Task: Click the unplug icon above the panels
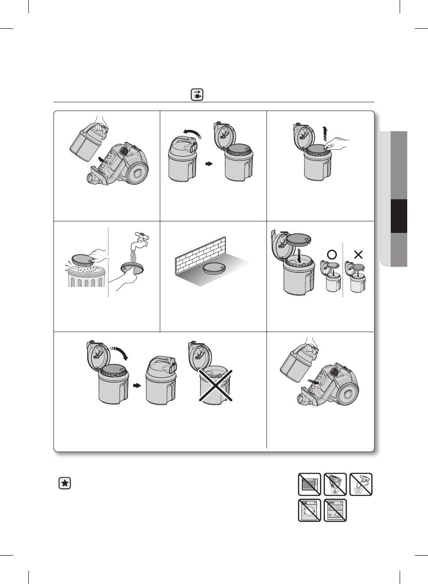pyautogui.click(x=197, y=95)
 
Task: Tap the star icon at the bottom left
pyautogui.click(x=65, y=483)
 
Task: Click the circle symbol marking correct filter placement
pyautogui.click(x=332, y=255)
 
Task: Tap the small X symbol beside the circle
pyautogui.click(x=358, y=255)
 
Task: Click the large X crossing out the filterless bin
pyautogui.click(x=214, y=386)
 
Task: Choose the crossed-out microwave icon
pyautogui.click(x=309, y=484)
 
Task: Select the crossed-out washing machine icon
pyautogui.click(x=309, y=510)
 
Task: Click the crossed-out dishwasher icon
pyautogui.click(x=335, y=510)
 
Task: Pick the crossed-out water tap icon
pyautogui.click(x=361, y=484)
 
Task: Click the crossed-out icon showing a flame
pyautogui.click(x=335, y=484)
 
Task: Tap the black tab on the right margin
pyautogui.click(x=399, y=216)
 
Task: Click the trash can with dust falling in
pyautogui.click(x=86, y=277)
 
